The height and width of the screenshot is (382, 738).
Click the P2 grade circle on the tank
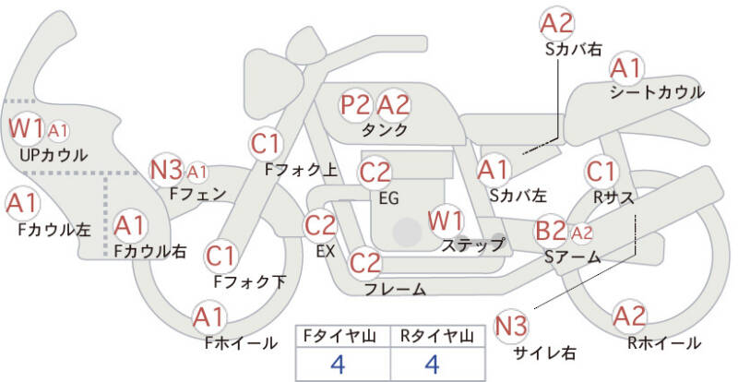[x=356, y=104]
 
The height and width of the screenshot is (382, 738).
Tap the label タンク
[x=386, y=130]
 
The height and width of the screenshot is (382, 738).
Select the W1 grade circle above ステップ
[x=446, y=221]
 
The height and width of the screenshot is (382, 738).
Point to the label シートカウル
[x=657, y=92]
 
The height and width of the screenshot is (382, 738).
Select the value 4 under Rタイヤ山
[x=432, y=363]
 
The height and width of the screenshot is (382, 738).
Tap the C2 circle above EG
[x=375, y=172]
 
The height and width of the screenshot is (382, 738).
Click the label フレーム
[x=395, y=290]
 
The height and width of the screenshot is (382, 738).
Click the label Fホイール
[x=241, y=343]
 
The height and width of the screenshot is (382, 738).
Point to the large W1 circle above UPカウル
[x=26, y=128]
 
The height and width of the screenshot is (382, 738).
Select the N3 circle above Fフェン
[x=166, y=170]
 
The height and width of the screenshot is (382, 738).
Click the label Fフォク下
[x=250, y=281]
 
